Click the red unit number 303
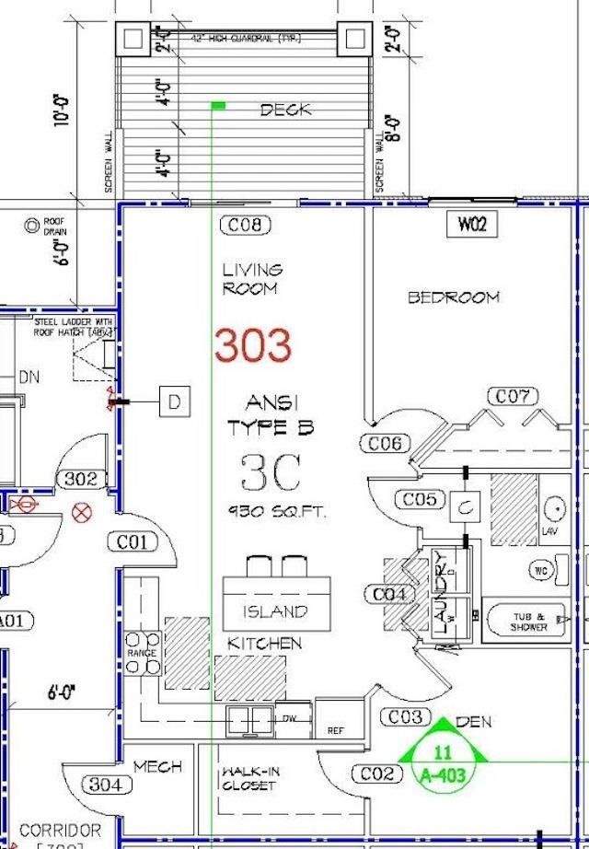click(x=253, y=345)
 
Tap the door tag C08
click(x=245, y=225)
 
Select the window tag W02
click(x=472, y=225)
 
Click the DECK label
click(x=285, y=110)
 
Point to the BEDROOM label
click(x=454, y=297)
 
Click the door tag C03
click(x=405, y=716)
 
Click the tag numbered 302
click(x=82, y=479)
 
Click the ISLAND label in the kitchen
click(x=275, y=611)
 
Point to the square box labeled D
click(x=174, y=401)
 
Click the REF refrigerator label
click(x=335, y=731)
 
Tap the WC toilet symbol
click(x=542, y=570)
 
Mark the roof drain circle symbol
click(x=32, y=223)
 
